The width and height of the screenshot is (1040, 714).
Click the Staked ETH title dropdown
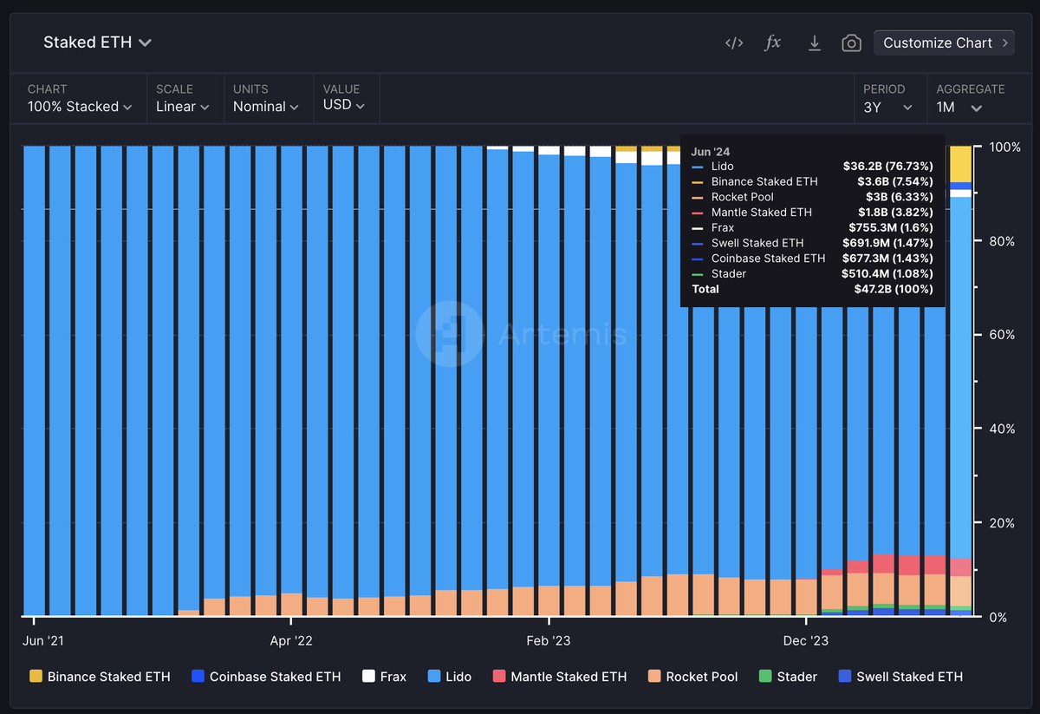point(97,43)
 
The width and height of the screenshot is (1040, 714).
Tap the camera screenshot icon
point(851,43)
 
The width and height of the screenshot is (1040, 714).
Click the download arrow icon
point(814,43)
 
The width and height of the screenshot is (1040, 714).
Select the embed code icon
point(733,43)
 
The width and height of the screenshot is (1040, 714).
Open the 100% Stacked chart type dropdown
point(80,106)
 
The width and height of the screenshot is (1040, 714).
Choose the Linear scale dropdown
point(183,106)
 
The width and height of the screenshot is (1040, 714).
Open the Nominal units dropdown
point(266,106)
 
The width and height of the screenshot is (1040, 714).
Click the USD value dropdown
point(344,105)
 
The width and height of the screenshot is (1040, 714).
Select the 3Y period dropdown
point(887,107)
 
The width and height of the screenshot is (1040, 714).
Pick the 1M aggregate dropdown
point(959,107)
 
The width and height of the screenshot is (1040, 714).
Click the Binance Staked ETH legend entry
point(99,677)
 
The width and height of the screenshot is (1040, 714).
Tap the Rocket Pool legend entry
point(691,677)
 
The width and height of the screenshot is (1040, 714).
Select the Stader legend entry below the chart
point(787,677)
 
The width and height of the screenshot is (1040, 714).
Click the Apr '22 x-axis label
point(291,641)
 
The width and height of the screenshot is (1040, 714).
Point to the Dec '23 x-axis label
point(806,641)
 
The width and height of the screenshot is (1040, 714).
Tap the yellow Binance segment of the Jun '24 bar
point(960,163)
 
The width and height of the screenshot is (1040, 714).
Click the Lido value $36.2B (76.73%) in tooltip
point(887,167)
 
